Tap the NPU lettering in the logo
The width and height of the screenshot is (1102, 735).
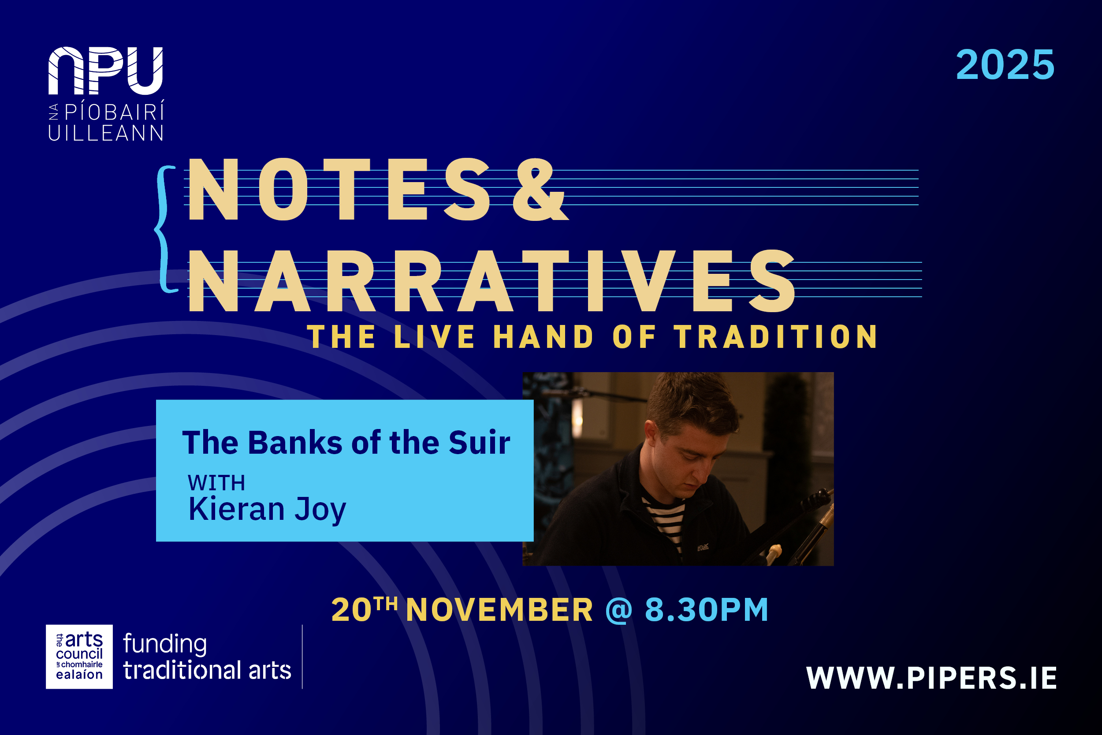click(105, 70)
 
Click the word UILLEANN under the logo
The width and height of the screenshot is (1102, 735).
click(105, 133)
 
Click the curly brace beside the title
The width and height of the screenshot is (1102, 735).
click(164, 230)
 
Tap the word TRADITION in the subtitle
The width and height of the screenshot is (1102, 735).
click(775, 337)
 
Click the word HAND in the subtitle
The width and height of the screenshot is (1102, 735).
click(543, 337)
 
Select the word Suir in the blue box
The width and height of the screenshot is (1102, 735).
click(479, 443)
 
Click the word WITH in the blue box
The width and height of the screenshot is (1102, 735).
click(216, 483)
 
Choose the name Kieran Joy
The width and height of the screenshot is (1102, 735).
click(267, 509)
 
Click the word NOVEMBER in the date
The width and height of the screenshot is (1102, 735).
click(499, 610)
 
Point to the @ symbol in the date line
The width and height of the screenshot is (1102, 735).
click(619, 610)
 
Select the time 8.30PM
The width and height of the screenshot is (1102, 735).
click(707, 610)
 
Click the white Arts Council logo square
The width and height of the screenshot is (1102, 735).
click(79, 657)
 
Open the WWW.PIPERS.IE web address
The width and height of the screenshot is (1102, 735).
click(931, 678)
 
